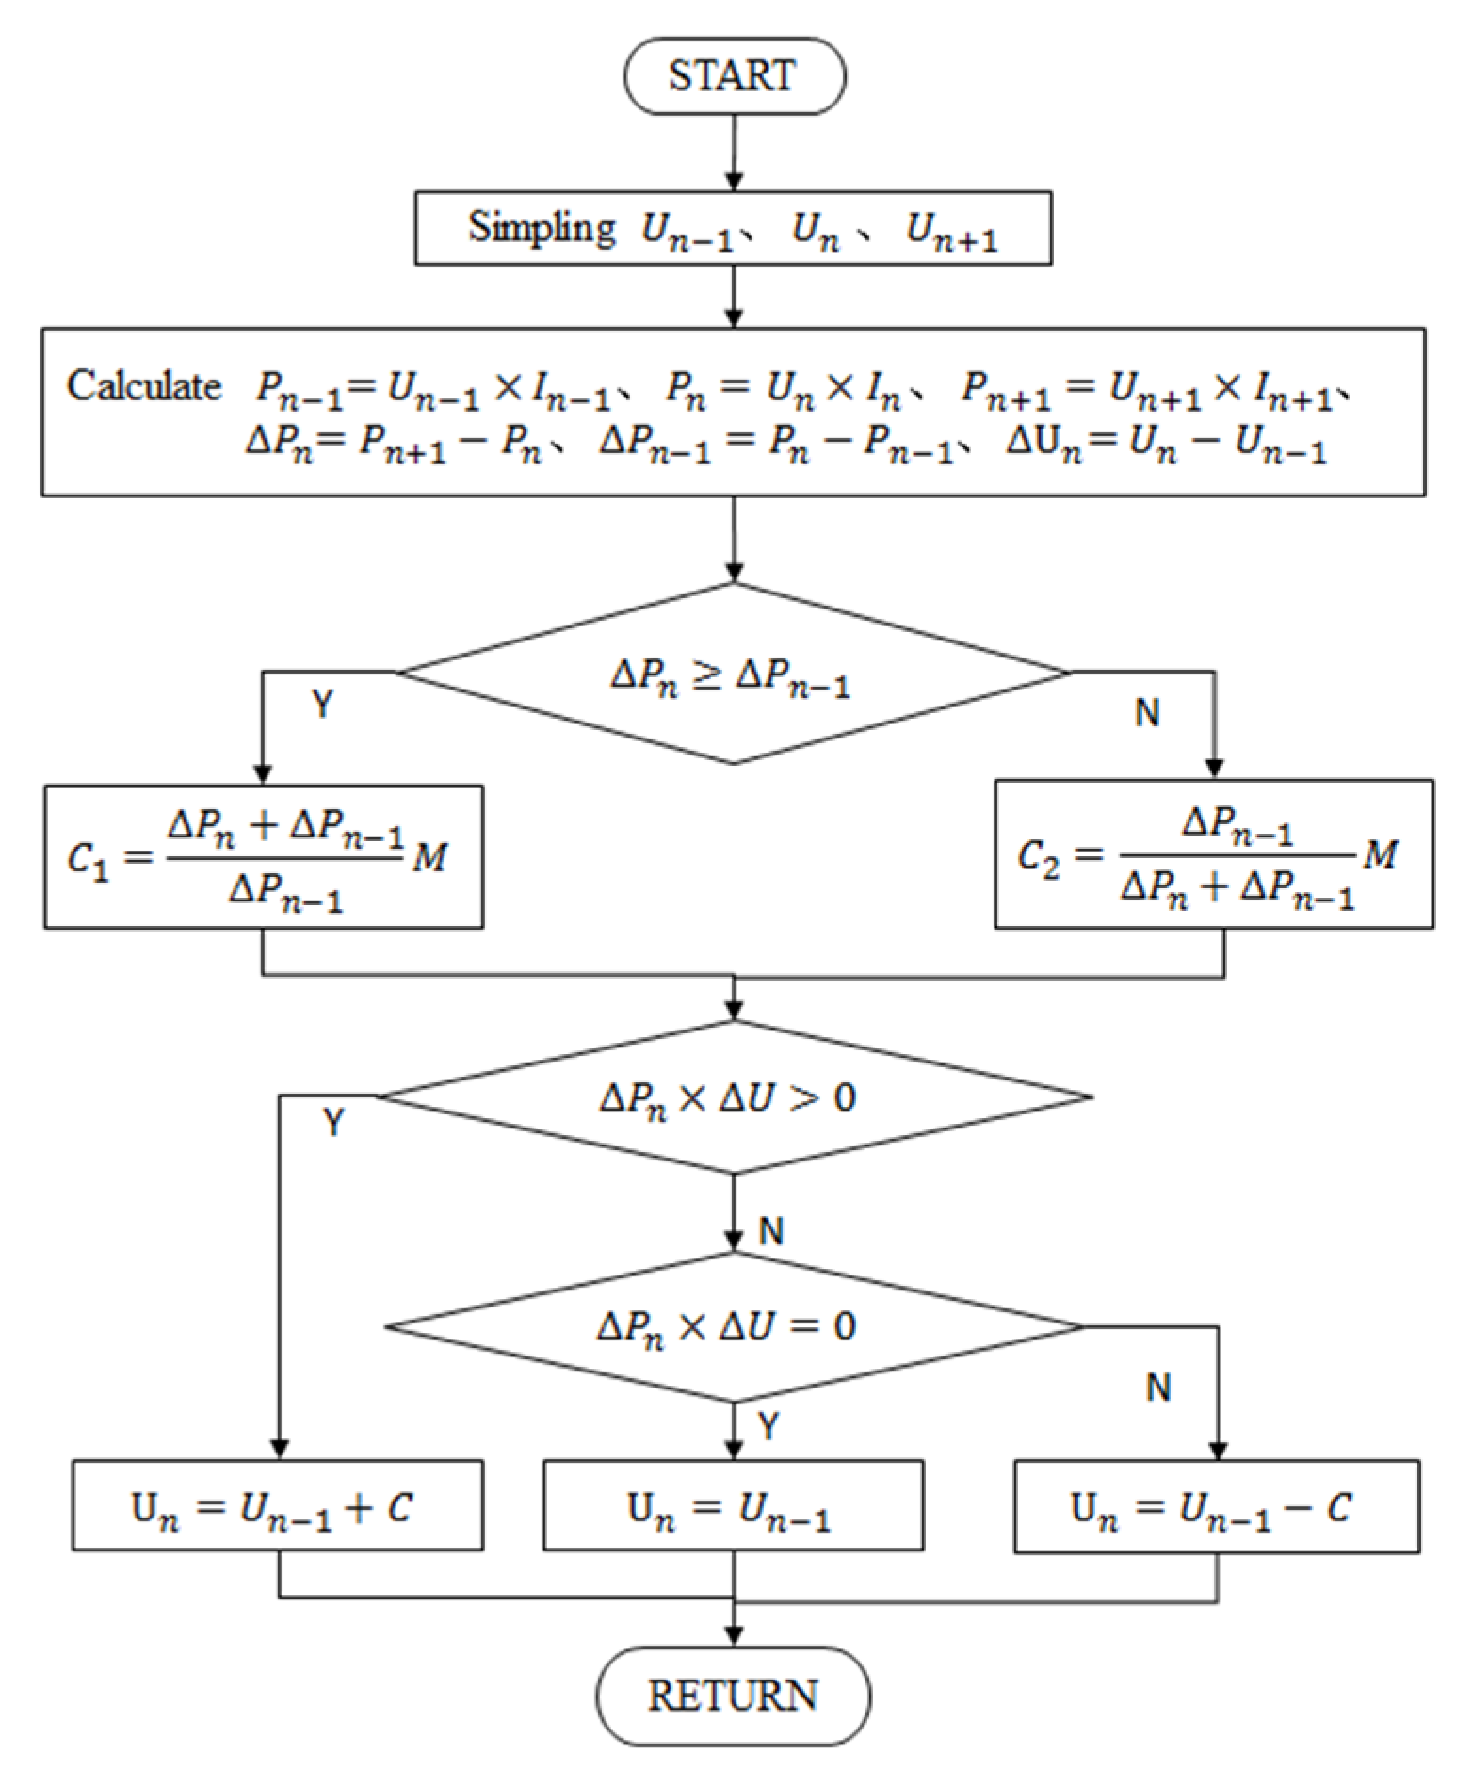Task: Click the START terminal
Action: click(x=734, y=76)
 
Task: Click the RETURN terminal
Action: click(x=733, y=1696)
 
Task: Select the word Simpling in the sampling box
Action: click(x=542, y=228)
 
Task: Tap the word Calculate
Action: click(x=143, y=386)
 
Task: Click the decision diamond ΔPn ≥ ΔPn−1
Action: click(x=733, y=674)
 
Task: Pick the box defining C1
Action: click(x=264, y=856)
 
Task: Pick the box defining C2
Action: click(x=1214, y=854)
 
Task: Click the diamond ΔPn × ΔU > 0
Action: click(x=733, y=1097)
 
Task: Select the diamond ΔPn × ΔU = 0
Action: click(x=733, y=1327)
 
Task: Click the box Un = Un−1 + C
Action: click(x=278, y=1506)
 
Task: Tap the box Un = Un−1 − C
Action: click(x=1216, y=1506)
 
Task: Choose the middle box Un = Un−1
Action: click(x=733, y=1506)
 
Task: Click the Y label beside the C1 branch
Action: click(x=322, y=705)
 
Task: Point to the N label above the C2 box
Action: click(x=1147, y=713)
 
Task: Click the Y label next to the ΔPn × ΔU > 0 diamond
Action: click(x=333, y=1123)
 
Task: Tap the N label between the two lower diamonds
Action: click(x=771, y=1231)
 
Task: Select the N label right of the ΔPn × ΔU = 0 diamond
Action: click(x=1158, y=1388)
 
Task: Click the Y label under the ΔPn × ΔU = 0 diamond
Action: click(x=768, y=1427)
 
